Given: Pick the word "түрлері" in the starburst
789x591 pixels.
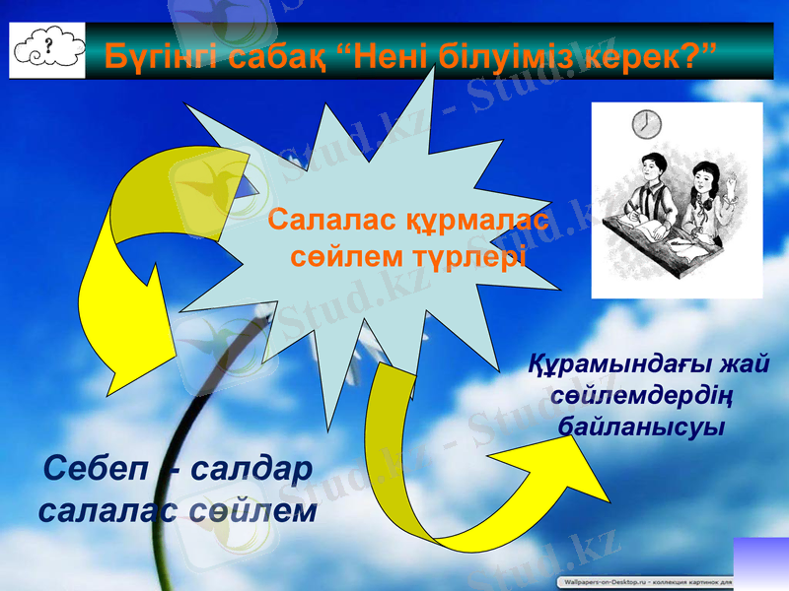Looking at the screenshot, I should [x=474, y=257].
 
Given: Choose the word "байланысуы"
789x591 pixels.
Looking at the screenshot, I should [x=642, y=427].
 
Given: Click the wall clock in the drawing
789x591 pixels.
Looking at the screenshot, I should [x=646, y=125].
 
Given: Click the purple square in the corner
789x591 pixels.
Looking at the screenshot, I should [x=761, y=562].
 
